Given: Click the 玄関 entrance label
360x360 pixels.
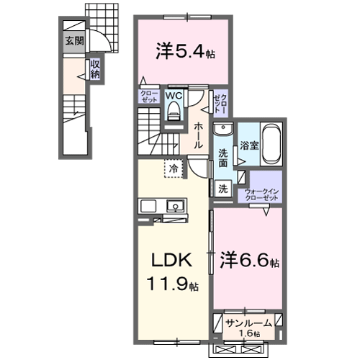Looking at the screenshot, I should point(74,41).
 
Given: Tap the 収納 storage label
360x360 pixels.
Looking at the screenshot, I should point(95,69).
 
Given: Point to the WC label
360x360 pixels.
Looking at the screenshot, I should point(175,95).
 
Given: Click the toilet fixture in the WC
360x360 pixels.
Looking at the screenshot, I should point(175,109).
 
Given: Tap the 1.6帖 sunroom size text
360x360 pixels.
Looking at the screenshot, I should point(247,333).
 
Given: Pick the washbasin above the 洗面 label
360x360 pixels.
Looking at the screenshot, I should point(224,131).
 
